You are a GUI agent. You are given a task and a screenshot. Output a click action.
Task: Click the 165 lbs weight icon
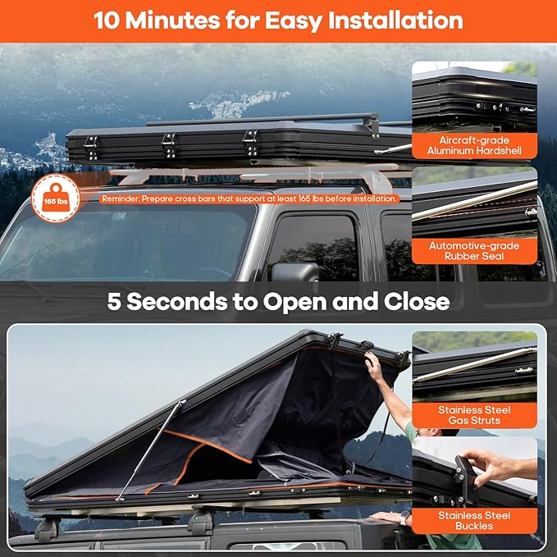pos(56,199)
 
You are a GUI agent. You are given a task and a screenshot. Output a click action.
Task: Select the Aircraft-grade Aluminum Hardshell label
pos(474,146)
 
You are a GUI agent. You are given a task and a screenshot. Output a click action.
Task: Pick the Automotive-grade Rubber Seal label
pos(474,251)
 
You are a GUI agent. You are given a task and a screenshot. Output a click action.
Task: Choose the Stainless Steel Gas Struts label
pos(474,415)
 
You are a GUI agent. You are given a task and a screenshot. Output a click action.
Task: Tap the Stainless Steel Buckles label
pos(474,521)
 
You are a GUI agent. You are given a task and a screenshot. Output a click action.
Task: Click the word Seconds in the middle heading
pos(177,302)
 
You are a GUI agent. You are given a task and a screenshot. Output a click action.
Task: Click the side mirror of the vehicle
pos(294,273)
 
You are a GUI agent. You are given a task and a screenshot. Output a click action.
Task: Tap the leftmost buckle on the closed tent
pos(91,147)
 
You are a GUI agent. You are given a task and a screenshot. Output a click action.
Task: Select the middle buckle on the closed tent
pos(168,145)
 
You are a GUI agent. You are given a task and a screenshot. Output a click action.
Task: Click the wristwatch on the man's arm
pos(404,518)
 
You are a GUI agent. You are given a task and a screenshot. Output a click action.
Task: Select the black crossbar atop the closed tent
pos(263,120)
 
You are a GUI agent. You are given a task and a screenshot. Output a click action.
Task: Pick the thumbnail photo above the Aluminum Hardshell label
pos(474,97)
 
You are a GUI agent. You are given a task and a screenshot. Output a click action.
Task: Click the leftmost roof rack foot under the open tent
pos(47,529)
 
